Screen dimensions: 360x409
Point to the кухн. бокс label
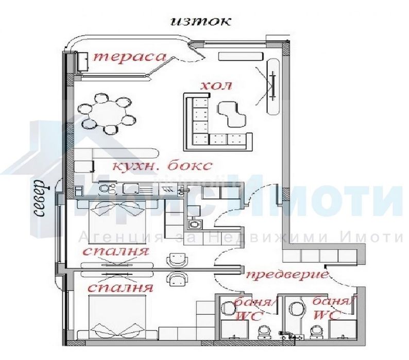point(162,166)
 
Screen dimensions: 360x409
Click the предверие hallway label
point(287,275)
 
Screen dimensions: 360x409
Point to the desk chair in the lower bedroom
point(178,278)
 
